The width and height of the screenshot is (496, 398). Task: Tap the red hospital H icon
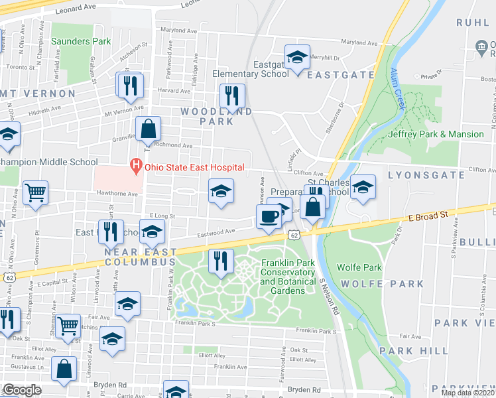(136, 165)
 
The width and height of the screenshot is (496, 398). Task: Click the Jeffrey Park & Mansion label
(436, 134)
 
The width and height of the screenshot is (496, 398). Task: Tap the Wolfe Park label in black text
(359, 267)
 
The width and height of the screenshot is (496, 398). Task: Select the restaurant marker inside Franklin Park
(221, 261)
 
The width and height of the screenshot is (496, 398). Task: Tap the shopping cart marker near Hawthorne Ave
(35, 192)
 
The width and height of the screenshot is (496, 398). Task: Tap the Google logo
(22, 390)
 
